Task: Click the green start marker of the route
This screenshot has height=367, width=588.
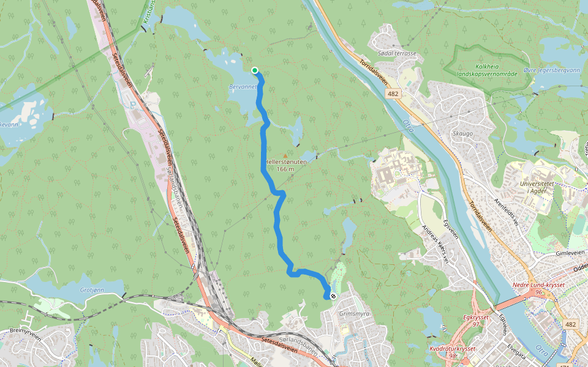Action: tap(255, 70)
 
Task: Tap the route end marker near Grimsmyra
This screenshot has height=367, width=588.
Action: tap(333, 295)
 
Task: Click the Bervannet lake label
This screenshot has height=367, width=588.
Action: tap(243, 87)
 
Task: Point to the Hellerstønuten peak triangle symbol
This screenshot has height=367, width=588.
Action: tap(285, 156)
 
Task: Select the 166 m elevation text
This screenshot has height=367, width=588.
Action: tap(285, 169)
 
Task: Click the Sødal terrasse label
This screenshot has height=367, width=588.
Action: tap(397, 53)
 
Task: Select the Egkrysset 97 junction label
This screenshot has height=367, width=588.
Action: tap(475, 321)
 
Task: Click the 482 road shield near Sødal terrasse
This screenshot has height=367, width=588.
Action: tap(393, 93)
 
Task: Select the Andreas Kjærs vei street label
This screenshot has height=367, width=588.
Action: tap(436, 244)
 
